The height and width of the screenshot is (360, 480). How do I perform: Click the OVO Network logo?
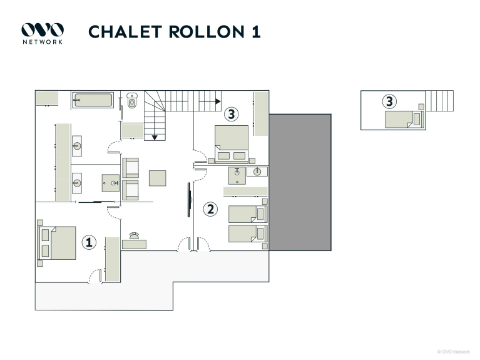pos(43,32)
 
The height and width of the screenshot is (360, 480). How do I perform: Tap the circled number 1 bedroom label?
pos(89,242)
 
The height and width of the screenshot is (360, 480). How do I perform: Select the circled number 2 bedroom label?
pos(211,208)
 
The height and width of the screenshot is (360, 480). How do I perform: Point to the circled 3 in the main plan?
pos(232,114)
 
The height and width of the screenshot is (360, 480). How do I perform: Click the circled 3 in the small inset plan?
pos(389,100)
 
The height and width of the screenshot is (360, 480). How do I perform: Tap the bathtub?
pos(93,100)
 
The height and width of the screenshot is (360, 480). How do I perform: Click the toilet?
pos(131,101)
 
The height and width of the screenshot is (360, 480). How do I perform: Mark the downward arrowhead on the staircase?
pos(153,136)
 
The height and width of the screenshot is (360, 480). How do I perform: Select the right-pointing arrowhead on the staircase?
pos(217,100)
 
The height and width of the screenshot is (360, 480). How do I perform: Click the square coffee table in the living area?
pos(158,178)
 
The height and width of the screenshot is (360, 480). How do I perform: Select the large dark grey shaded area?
pos(300,182)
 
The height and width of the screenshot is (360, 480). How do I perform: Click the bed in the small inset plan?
pos(400,119)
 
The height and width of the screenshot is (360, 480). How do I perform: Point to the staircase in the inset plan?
pos(440,100)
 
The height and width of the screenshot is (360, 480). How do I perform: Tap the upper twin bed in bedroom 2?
pos(245,214)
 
